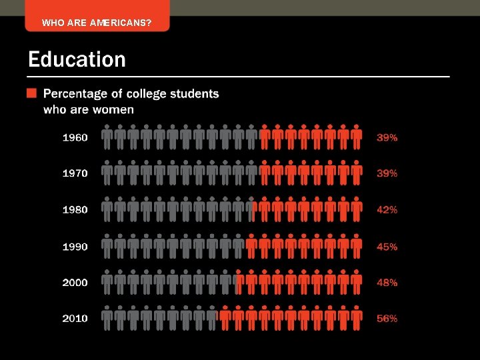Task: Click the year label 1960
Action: click(x=75, y=137)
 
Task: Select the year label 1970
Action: click(x=75, y=173)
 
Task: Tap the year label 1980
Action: click(x=75, y=209)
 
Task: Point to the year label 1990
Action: click(x=75, y=247)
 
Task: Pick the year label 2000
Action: click(x=75, y=283)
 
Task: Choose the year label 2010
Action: click(x=75, y=319)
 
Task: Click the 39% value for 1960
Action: click(x=387, y=137)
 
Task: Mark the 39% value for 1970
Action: click(x=387, y=173)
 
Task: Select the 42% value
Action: click(x=387, y=209)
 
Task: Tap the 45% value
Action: click(x=387, y=247)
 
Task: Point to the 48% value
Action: click(x=387, y=283)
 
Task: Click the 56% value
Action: click(x=387, y=319)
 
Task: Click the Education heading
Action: click(x=77, y=60)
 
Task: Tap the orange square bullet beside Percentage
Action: click(x=31, y=93)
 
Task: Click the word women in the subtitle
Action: click(x=117, y=109)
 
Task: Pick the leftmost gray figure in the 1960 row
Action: click(x=107, y=137)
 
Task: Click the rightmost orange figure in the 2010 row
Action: click(x=357, y=318)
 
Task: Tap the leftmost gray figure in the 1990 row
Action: click(x=107, y=246)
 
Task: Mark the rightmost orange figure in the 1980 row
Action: click(x=357, y=209)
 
